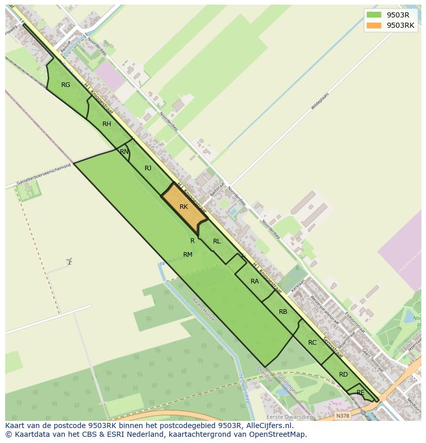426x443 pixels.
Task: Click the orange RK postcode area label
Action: [184, 207]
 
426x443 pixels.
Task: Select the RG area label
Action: [65, 85]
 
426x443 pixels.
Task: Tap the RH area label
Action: [106, 124]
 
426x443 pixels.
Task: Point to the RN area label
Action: [124, 152]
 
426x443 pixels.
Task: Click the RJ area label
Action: [148, 168]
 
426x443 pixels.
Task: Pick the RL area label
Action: [217, 241]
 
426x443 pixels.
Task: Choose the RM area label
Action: [187, 255]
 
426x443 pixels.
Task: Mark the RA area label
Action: [255, 281]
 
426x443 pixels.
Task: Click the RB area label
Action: [283, 312]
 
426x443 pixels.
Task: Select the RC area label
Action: [312, 343]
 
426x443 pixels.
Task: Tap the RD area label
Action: [343, 375]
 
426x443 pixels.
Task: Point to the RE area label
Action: [360, 393]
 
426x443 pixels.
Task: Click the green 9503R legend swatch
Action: [374, 15]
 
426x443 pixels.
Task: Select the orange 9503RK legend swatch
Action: [374, 26]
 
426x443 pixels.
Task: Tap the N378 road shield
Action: [342, 416]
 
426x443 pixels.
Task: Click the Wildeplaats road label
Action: [319, 101]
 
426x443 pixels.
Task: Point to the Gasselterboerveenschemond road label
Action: [43, 175]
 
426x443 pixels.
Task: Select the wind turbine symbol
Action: [69, 261]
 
